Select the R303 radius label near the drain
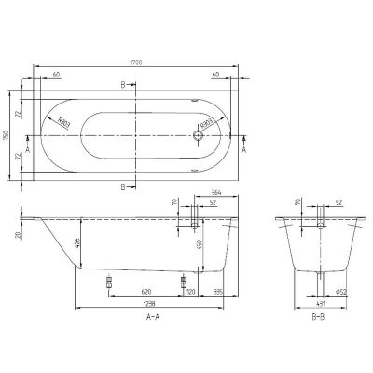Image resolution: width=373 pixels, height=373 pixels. [205, 121]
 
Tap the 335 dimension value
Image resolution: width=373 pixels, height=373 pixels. [216, 291]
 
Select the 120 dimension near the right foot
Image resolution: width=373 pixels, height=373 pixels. [191, 291]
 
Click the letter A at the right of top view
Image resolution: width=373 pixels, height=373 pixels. [245, 148]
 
